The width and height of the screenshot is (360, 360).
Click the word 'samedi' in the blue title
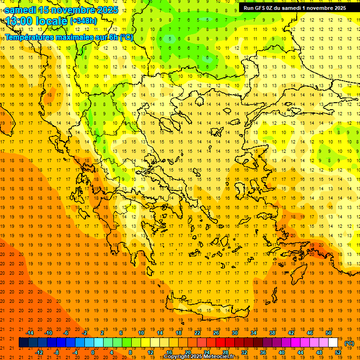click(x=22, y=10)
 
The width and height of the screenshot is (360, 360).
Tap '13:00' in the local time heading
click(x=21, y=21)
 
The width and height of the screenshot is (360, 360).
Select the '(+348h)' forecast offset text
click(x=83, y=21)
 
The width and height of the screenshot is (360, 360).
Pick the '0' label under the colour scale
click(x=92, y=352)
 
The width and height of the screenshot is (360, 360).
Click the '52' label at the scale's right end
click(x=338, y=352)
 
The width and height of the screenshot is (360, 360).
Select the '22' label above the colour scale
click(x=197, y=333)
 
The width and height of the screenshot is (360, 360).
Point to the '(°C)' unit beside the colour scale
click(x=349, y=343)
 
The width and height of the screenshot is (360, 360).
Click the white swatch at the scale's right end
click(x=333, y=343)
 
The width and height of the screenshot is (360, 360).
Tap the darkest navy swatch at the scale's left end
click(x=23, y=343)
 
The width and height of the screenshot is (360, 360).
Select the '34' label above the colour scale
click(x=254, y=333)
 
